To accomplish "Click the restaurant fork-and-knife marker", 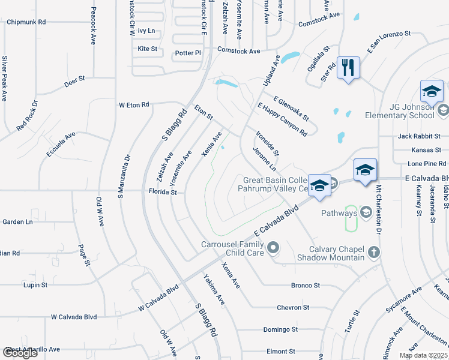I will pyautogui.click(x=348, y=67).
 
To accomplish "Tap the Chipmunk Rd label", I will pyautogui.click(x=26, y=22).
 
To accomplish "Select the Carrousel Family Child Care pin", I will pyautogui.click(x=274, y=247).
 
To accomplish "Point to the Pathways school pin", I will pyautogui.click(x=366, y=212).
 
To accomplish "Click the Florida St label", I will pyautogui.click(x=163, y=192).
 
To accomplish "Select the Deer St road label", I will pyautogui.click(x=75, y=79).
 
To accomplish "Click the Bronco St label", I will pyautogui.click(x=306, y=285).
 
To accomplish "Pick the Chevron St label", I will pyautogui.click(x=293, y=307).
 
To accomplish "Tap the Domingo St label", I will pyautogui.click(x=280, y=329).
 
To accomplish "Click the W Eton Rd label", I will pyautogui.click(x=134, y=105).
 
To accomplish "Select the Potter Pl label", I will pyautogui.click(x=188, y=53).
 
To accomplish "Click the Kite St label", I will pyautogui.click(x=147, y=49).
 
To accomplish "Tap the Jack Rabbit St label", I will pyautogui.click(x=419, y=136).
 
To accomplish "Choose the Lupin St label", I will pyautogui.click(x=35, y=285).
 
